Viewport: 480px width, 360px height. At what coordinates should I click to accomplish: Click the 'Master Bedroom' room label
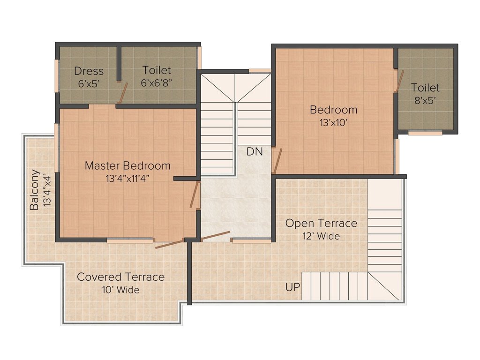click(127, 166)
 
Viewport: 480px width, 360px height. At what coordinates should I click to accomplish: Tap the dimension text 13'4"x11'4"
click(127, 178)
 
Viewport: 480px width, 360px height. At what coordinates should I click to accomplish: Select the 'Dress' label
click(89, 72)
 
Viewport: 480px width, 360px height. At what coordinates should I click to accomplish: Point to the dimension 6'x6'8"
click(157, 83)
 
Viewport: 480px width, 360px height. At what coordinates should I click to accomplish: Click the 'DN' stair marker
click(255, 151)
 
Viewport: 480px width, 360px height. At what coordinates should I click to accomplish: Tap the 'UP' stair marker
click(292, 287)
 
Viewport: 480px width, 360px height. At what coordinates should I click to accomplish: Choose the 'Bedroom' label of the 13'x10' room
click(333, 110)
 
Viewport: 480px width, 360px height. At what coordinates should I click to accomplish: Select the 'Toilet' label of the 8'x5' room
click(425, 88)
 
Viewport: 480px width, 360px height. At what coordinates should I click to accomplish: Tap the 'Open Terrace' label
click(321, 223)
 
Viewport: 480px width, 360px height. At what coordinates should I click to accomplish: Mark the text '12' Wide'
click(321, 236)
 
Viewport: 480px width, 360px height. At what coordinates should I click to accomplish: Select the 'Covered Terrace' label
click(120, 277)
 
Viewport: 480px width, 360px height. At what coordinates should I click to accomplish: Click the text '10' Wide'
click(120, 290)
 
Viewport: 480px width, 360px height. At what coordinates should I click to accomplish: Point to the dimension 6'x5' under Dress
click(89, 83)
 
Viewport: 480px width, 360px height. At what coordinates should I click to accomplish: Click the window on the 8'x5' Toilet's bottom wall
click(425, 133)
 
